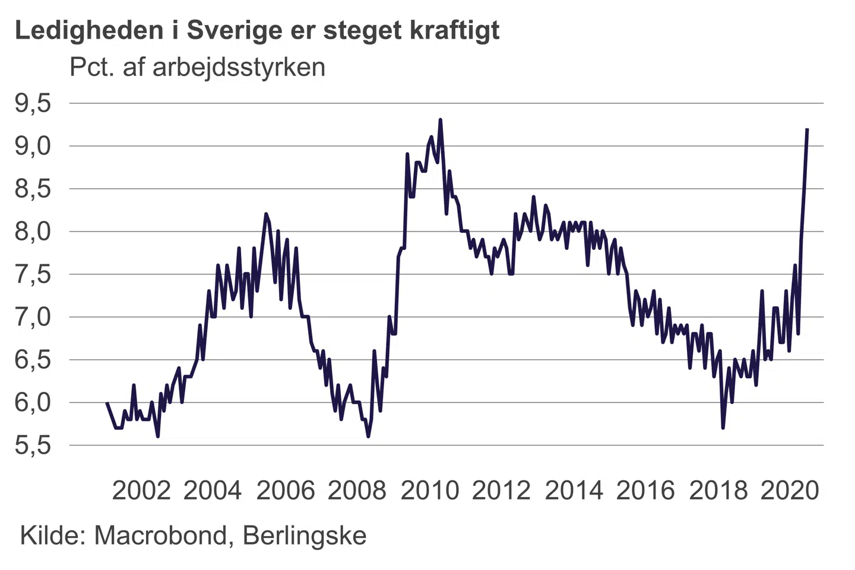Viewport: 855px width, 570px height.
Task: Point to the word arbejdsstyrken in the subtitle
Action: tap(239, 67)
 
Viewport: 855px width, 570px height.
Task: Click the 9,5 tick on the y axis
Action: tap(33, 104)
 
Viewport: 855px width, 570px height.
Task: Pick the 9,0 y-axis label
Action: tap(33, 146)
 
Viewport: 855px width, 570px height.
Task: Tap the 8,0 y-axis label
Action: tap(33, 232)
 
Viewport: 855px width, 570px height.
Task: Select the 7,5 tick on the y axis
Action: tap(33, 274)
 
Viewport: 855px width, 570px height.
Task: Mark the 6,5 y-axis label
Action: tap(33, 360)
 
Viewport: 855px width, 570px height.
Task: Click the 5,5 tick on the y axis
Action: tap(33, 445)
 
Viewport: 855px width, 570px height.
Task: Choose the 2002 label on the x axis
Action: tap(141, 490)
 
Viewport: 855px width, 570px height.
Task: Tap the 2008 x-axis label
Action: tap(357, 490)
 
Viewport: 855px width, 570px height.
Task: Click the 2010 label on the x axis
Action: tap(429, 490)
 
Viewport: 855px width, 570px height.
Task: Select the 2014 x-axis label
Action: tap(574, 490)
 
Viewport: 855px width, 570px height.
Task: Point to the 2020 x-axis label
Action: tap(790, 490)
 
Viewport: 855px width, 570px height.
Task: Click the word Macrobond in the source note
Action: tap(160, 536)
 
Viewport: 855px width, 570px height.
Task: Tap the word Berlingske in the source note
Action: tap(305, 536)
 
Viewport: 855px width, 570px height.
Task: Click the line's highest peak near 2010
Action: tap(440, 120)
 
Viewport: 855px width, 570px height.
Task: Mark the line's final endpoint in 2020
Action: tap(807, 129)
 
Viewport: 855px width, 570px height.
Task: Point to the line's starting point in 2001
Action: tap(107, 403)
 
